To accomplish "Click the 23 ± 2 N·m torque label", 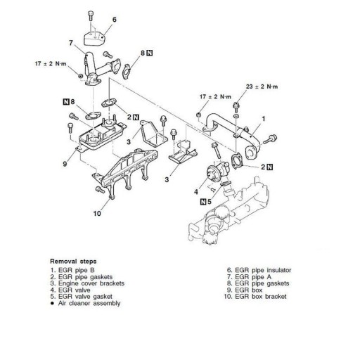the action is pyautogui.click(x=262, y=86).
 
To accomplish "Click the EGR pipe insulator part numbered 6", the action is pyautogui.click(x=94, y=39).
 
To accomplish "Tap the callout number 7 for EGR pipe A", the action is pyautogui.click(x=71, y=43).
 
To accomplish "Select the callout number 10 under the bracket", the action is pyautogui.click(x=97, y=214).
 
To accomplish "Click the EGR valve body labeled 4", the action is pyautogui.click(x=217, y=172).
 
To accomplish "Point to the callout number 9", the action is pyautogui.click(x=65, y=164).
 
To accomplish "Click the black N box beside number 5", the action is pyautogui.click(x=203, y=201).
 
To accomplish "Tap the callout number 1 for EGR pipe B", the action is pyautogui.click(x=264, y=119).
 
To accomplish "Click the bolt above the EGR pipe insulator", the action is pyautogui.click(x=91, y=15).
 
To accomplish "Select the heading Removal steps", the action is pyautogui.click(x=73, y=261).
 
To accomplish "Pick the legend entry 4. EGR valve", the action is pyautogui.click(x=70, y=290).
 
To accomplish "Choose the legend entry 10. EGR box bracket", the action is pyautogui.click(x=255, y=297).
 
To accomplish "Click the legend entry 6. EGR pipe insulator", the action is pyautogui.click(x=259, y=270).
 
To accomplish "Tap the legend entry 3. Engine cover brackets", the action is pyautogui.click(x=87, y=283).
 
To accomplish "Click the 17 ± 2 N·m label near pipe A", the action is pyautogui.click(x=51, y=63).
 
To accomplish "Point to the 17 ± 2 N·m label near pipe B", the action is pyautogui.click(x=215, y=96).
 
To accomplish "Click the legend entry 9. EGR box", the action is pyautogui.click(x=245, y=290).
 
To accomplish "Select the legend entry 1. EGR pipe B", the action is pyautogui.click(x=72, y=270).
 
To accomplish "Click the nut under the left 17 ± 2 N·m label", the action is pyautogui.click(x=80, y=76).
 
